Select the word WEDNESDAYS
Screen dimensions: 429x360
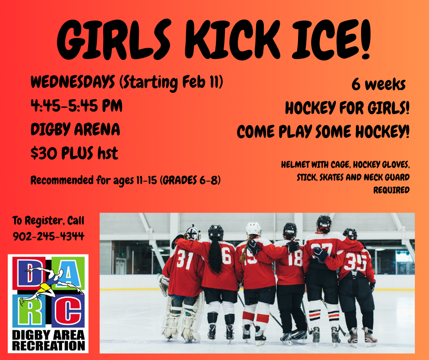tap(73, 82)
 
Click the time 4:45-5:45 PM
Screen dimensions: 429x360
tap(76, 106)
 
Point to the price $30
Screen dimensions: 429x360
tap(44, 153)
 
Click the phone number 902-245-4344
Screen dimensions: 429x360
tap(48, 236)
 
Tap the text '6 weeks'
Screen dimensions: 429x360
tap(378, 84)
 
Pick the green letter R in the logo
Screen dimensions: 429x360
tap(29, 312)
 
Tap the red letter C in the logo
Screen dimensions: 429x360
tap(68, 312)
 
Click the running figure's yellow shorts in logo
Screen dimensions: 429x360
tap(45, 288)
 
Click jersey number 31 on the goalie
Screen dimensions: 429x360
tap(185, 259)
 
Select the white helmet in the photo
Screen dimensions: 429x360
tap(253, 229)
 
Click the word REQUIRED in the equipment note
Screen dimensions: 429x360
tap(391, 190)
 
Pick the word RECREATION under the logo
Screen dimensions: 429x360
tap(48, 345)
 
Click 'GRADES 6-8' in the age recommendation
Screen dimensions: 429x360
tap(190, 180)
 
